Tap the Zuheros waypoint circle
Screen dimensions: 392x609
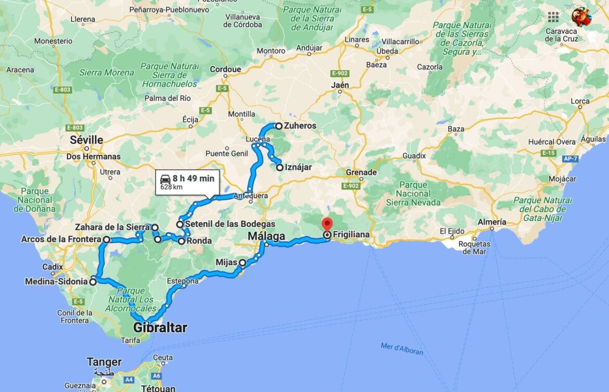pyautogui.click(x=279, y=126)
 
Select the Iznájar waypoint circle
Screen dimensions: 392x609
pyautogui.click(x=280, y=168)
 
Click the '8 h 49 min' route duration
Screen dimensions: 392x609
pyautogui.click(x=193, y=179)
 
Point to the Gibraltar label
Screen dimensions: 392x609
pyautogui.click(x=160, y=328)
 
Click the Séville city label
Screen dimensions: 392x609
pyautogui.click(x=86, y=140)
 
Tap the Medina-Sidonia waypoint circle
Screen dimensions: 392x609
pyautogui.click(x=93, y=282)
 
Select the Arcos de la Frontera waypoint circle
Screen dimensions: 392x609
pyautogui.click(x=106, y=239)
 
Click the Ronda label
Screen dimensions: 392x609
pyautogui.click(x=199, y=241)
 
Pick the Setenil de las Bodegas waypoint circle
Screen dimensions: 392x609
pyautogui.click(x=180, y=224)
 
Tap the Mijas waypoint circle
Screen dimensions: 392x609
pyautogui.click(x=243, y=263)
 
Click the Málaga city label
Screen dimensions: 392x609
pyautogui.click(x=266, y=236)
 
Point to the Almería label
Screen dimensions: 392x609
pyautogui.click(x=492, y=222)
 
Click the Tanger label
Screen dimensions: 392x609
pyautogui.click(x=104, y=362)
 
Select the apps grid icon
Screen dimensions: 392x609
pyautogui.click(x=553, y=17)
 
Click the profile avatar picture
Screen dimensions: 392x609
pyautogui.click(x=581, y=17)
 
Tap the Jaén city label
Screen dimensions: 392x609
pyautogui.click(x=340, y=85)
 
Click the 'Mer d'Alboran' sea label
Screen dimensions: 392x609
pyautogui.click(x=401, y=349)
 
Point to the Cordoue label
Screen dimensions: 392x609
pyautogui.click(x=225, y=69)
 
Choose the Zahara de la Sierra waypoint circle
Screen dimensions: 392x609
pyautogui.click(x=155, y=227)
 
